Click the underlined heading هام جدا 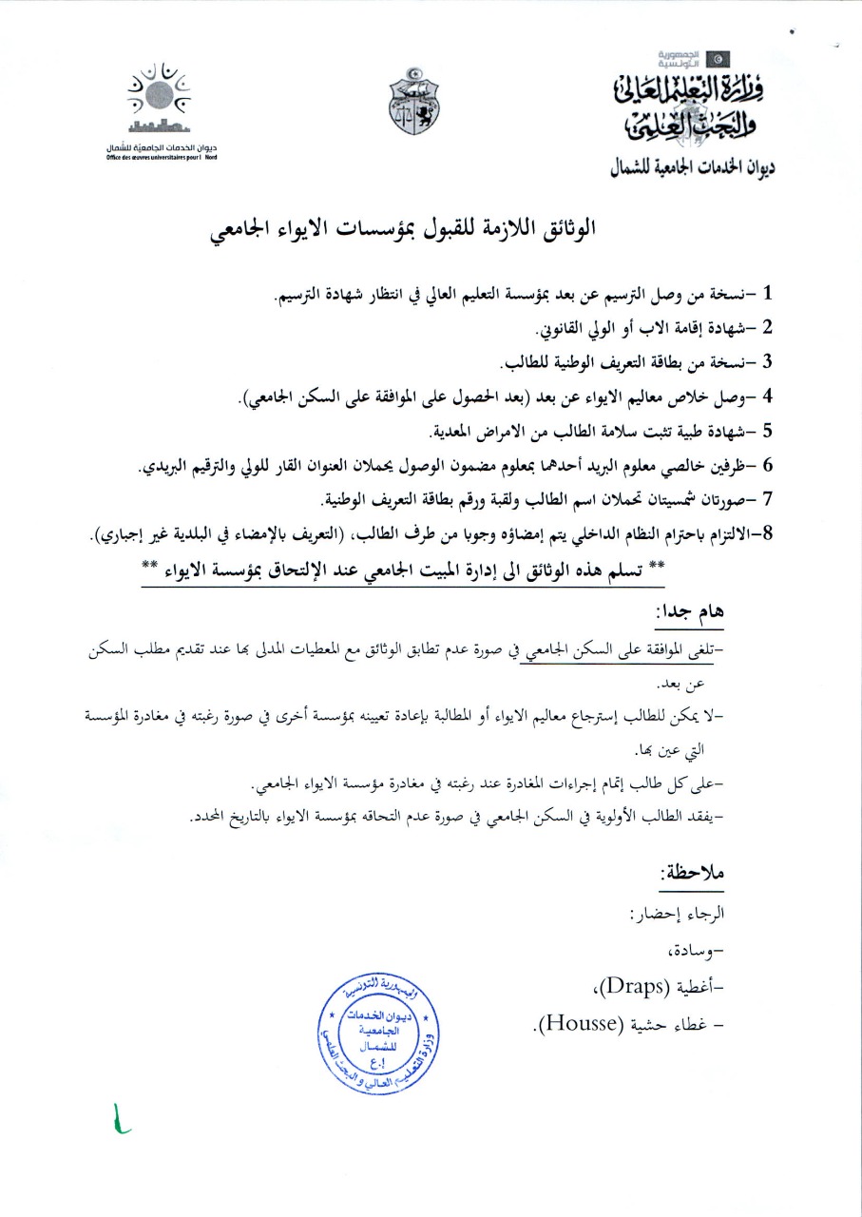(x=691, y=616)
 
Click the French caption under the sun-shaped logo (x=162, y=157)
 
